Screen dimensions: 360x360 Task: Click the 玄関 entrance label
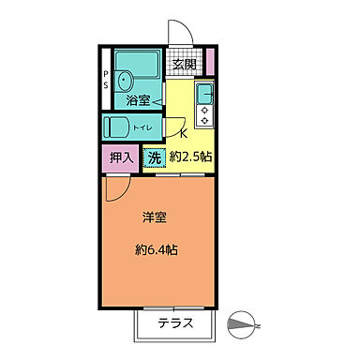(x=183, y=66)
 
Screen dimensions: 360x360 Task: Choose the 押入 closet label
(x=120, y=157)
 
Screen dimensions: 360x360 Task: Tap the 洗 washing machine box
(x=155, y=157)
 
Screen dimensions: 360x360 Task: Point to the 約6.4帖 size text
(x=158, y=250)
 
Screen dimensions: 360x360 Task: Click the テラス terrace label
(x=175, y=324)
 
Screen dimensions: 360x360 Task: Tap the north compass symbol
(x=243, y=324)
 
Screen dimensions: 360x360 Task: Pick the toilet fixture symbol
(x=116, y=127)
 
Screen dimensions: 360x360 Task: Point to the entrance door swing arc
(x=180, y=35)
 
